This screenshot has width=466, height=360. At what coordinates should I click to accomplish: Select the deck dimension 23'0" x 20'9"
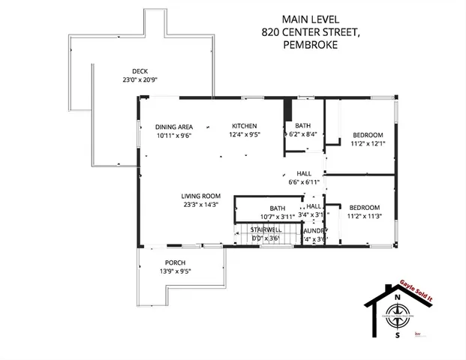pyautogui.click(x=140, y=79)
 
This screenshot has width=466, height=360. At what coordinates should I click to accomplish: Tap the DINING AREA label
pyautogui.click(x=173, y=127)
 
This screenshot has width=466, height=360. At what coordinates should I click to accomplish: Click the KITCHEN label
pyautogui.click(x=245, y=126)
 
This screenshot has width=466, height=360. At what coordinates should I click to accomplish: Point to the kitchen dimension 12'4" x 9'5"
pyautogui.click(x=245, y=136)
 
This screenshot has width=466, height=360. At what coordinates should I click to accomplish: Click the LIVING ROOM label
pyautogui.click(x=200, y=196)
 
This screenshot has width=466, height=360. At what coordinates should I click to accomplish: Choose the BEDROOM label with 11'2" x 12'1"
pyautogui.click(x=368, y=135)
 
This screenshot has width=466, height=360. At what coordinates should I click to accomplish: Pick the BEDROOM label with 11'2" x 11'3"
pyautogui.click(x=364, y=207)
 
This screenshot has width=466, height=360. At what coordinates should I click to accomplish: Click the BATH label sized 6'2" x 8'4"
pyautogui.click(x=302, y=125)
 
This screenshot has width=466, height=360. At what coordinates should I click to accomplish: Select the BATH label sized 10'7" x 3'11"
pyautogui.click(x=277, y=208)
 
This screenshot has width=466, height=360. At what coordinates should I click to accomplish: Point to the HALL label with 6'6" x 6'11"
pyautogui.click(x=304, y=172)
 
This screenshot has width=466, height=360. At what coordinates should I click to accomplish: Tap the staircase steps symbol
pyautogui.click(x=248, y=238)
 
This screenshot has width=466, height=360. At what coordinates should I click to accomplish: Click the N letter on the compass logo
pyautogui.click(x=396, y=296)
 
